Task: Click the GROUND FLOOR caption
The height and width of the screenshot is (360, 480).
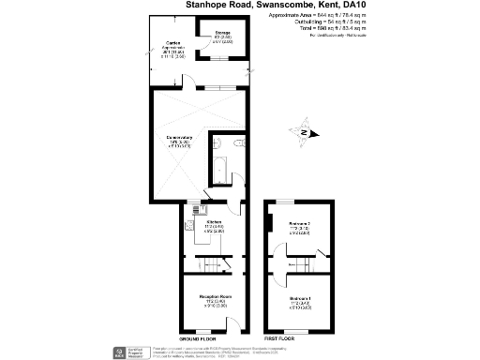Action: [197, 337]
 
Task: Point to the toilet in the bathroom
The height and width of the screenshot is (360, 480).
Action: [217, 145]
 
